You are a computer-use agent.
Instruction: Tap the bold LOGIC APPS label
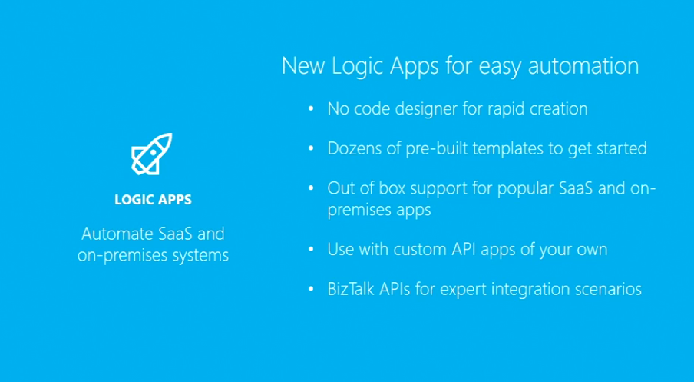click(x=153, y=200)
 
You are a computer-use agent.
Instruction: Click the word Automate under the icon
click(x=117, y=234)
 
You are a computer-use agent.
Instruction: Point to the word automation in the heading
click(x=583, y=66)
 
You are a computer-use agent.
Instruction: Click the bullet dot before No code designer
click(x=311, y=108)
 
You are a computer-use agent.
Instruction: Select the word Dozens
click(x=355, y=148)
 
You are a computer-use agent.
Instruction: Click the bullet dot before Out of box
click(x=311, y=188)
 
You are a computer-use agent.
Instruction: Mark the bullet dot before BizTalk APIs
click(x=311, y=289)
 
